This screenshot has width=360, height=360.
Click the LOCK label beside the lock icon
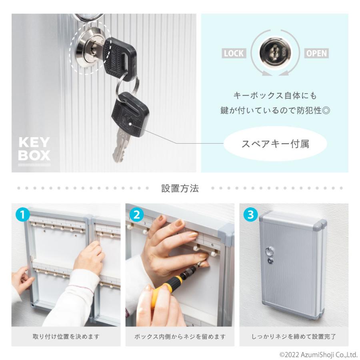(234, 54)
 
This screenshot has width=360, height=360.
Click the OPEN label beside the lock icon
(316, 54)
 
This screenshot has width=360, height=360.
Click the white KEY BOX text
(34, 149)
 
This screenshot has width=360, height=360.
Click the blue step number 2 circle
(137, 215)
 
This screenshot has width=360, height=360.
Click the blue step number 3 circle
(250, 215)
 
